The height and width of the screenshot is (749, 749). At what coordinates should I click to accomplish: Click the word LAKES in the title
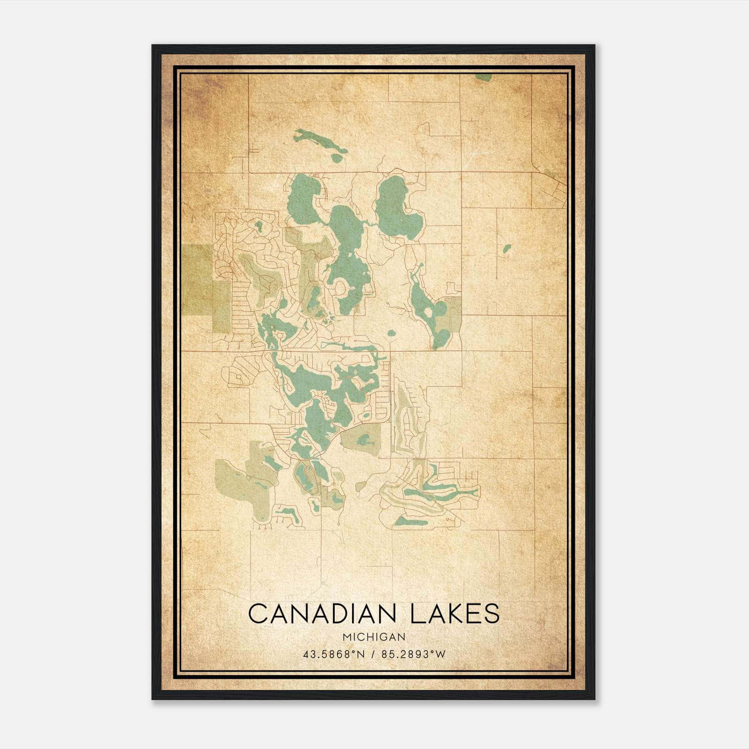coord(455,614)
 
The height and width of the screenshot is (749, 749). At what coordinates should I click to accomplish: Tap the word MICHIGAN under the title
coord(374,637)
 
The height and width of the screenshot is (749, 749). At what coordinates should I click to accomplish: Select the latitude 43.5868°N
coord(334,654)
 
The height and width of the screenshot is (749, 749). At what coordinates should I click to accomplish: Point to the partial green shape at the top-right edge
coord(484,77)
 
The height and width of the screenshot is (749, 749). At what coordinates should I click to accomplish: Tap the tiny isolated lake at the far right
coord(507,249)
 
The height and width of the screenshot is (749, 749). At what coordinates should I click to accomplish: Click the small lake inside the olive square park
coord(363,440)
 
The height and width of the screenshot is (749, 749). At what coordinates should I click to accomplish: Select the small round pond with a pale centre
coord(391,334)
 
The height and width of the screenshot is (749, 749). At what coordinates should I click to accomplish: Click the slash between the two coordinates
coord(373,654)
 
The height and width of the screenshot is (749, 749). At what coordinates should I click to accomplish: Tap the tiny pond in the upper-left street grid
coord(258,227)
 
